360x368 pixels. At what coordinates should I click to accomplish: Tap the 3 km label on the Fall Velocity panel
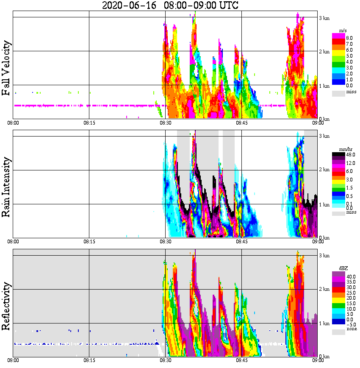point(324,18)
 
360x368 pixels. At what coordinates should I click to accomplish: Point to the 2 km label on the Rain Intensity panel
point(324,170)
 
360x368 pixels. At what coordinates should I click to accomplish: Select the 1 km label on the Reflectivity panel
point(324,323)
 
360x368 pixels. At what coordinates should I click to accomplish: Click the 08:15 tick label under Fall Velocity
point(89,123)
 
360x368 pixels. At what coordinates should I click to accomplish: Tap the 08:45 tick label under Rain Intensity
point(241,242)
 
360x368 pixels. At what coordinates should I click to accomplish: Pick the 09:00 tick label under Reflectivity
point(318,360)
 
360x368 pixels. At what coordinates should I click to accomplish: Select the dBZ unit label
point(342,268)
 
